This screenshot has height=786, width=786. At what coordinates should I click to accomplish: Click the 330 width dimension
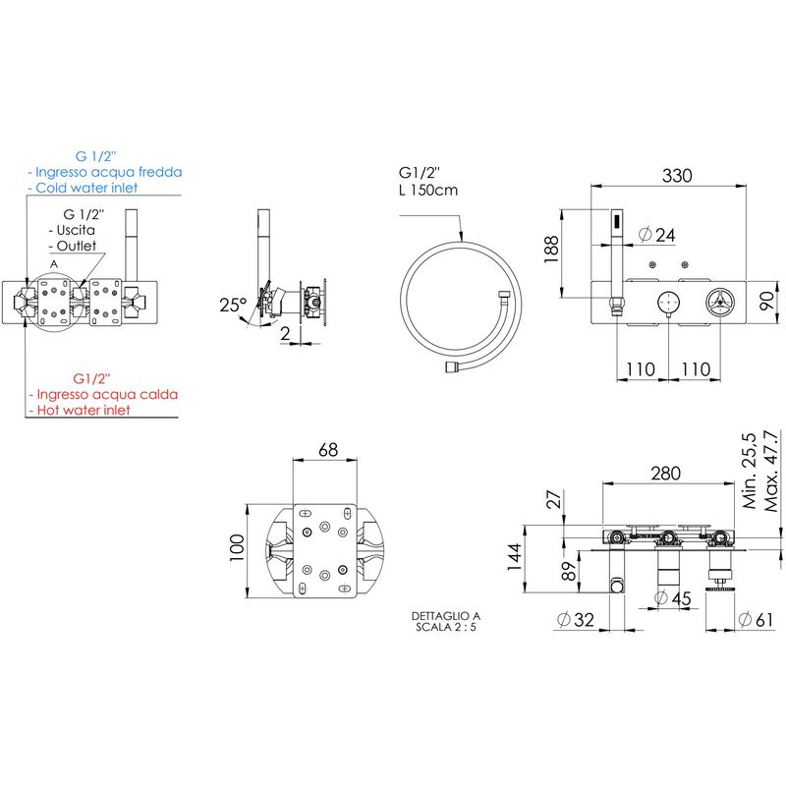pyautogui.click(x=677, y=176)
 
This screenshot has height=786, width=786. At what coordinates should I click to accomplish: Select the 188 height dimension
pyautogui.click(x=551, y=250)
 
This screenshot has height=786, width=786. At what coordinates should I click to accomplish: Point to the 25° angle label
pyautogui.click(x=233, y=305)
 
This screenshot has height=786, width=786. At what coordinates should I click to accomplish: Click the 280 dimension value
pyautogui.click(x=666, y=473)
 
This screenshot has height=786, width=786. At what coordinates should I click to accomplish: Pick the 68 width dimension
pyautogui.click(x=328, y=450)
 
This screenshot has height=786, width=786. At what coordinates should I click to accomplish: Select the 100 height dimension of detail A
pyautogui.click(x=237, y=547)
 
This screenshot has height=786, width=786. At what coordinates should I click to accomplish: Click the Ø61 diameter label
pyautogui.click(x=756, y=620)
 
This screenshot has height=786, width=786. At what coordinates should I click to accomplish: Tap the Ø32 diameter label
pyautogui.click(x=576, y=620)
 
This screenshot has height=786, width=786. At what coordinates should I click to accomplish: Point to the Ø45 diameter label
pyautogui.click(x=673, y=598)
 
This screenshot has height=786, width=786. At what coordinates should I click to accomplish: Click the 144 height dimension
pyautogui.click(x=514, y=557)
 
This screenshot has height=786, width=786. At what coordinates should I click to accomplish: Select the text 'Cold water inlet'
pyautogui.click(x=86, y=188)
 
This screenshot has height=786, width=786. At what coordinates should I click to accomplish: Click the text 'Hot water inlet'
pyautogui.click(x=84, y=410)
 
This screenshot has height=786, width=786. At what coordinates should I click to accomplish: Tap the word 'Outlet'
pyautogui.click(x=77, y=246)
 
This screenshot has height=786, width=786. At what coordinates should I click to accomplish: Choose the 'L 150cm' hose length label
pyautogui.click(x=428, y=190)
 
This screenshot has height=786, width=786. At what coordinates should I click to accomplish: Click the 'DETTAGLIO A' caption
pyautogui.click(x=446, y=616)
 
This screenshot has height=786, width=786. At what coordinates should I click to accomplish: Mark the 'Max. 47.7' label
pyautogui.click(x=771, y=471)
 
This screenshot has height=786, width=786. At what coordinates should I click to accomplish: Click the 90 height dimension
pyautogui.click(x=767, y=302)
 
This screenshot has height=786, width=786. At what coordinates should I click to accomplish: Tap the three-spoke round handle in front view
pyautogui.click(x=720, y=303)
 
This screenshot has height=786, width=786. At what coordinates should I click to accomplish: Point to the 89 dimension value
pyautogui.click(x=569, y=571)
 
